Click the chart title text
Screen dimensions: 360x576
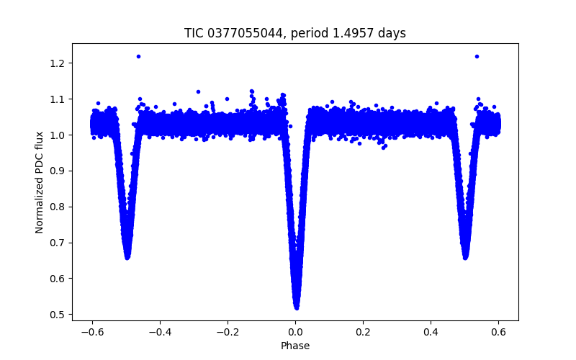(295, 33)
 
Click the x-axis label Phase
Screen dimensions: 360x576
(295, 346)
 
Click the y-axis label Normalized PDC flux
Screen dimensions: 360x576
(40, 182)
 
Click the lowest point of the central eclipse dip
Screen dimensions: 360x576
(296, 307)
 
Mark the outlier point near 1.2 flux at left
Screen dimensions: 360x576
(138, 56)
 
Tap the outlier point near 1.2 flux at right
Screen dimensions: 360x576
(477, 56)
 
